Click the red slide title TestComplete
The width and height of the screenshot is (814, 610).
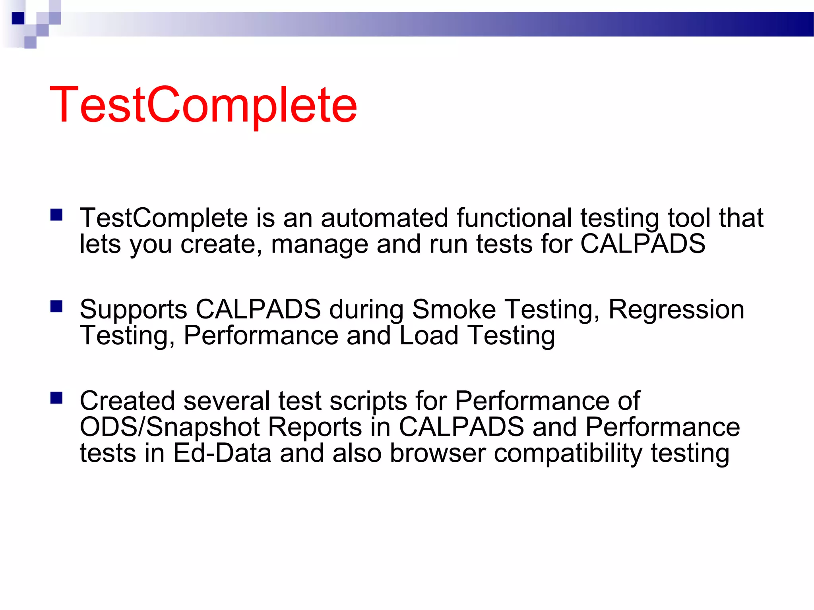point(203,105)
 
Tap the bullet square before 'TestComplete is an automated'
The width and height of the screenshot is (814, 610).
point(56,215)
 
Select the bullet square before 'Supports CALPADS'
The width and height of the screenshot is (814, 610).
point(56,306)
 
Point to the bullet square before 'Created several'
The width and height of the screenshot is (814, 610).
point(56,398)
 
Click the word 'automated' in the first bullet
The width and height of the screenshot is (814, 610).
point(384,218)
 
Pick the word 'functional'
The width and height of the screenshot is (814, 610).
point(514,218)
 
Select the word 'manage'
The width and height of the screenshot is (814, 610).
point(319,244)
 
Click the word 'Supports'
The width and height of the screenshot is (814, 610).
point(133,310)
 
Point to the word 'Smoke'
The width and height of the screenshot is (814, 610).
point(454,309)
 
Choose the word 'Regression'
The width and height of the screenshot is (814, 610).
point(676,310)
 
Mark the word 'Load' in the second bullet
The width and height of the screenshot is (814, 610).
point(428,336)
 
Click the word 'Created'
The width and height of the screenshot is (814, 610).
point(127,401)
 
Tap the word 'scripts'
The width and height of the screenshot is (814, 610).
point(368,402)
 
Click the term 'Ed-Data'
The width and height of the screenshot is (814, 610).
point(222,453)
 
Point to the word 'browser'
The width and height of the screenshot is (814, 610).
point(438,453)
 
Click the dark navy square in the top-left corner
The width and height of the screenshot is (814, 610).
point(18,18)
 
